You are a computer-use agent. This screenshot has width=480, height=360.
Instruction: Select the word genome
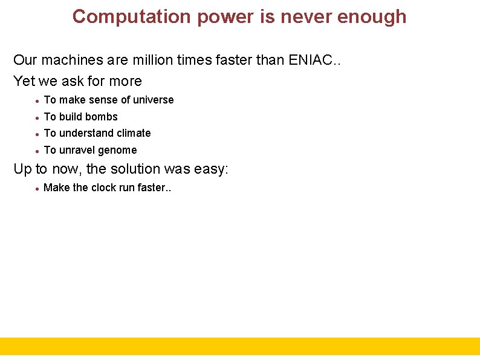pos(117,150)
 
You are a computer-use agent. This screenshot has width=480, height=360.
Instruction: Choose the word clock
pos(105,188)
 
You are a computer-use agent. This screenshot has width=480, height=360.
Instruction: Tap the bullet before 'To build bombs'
pos(37,117)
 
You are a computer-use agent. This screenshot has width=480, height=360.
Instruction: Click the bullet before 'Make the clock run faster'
pos(37,189)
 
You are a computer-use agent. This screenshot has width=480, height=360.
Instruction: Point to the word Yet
pos(24,81)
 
